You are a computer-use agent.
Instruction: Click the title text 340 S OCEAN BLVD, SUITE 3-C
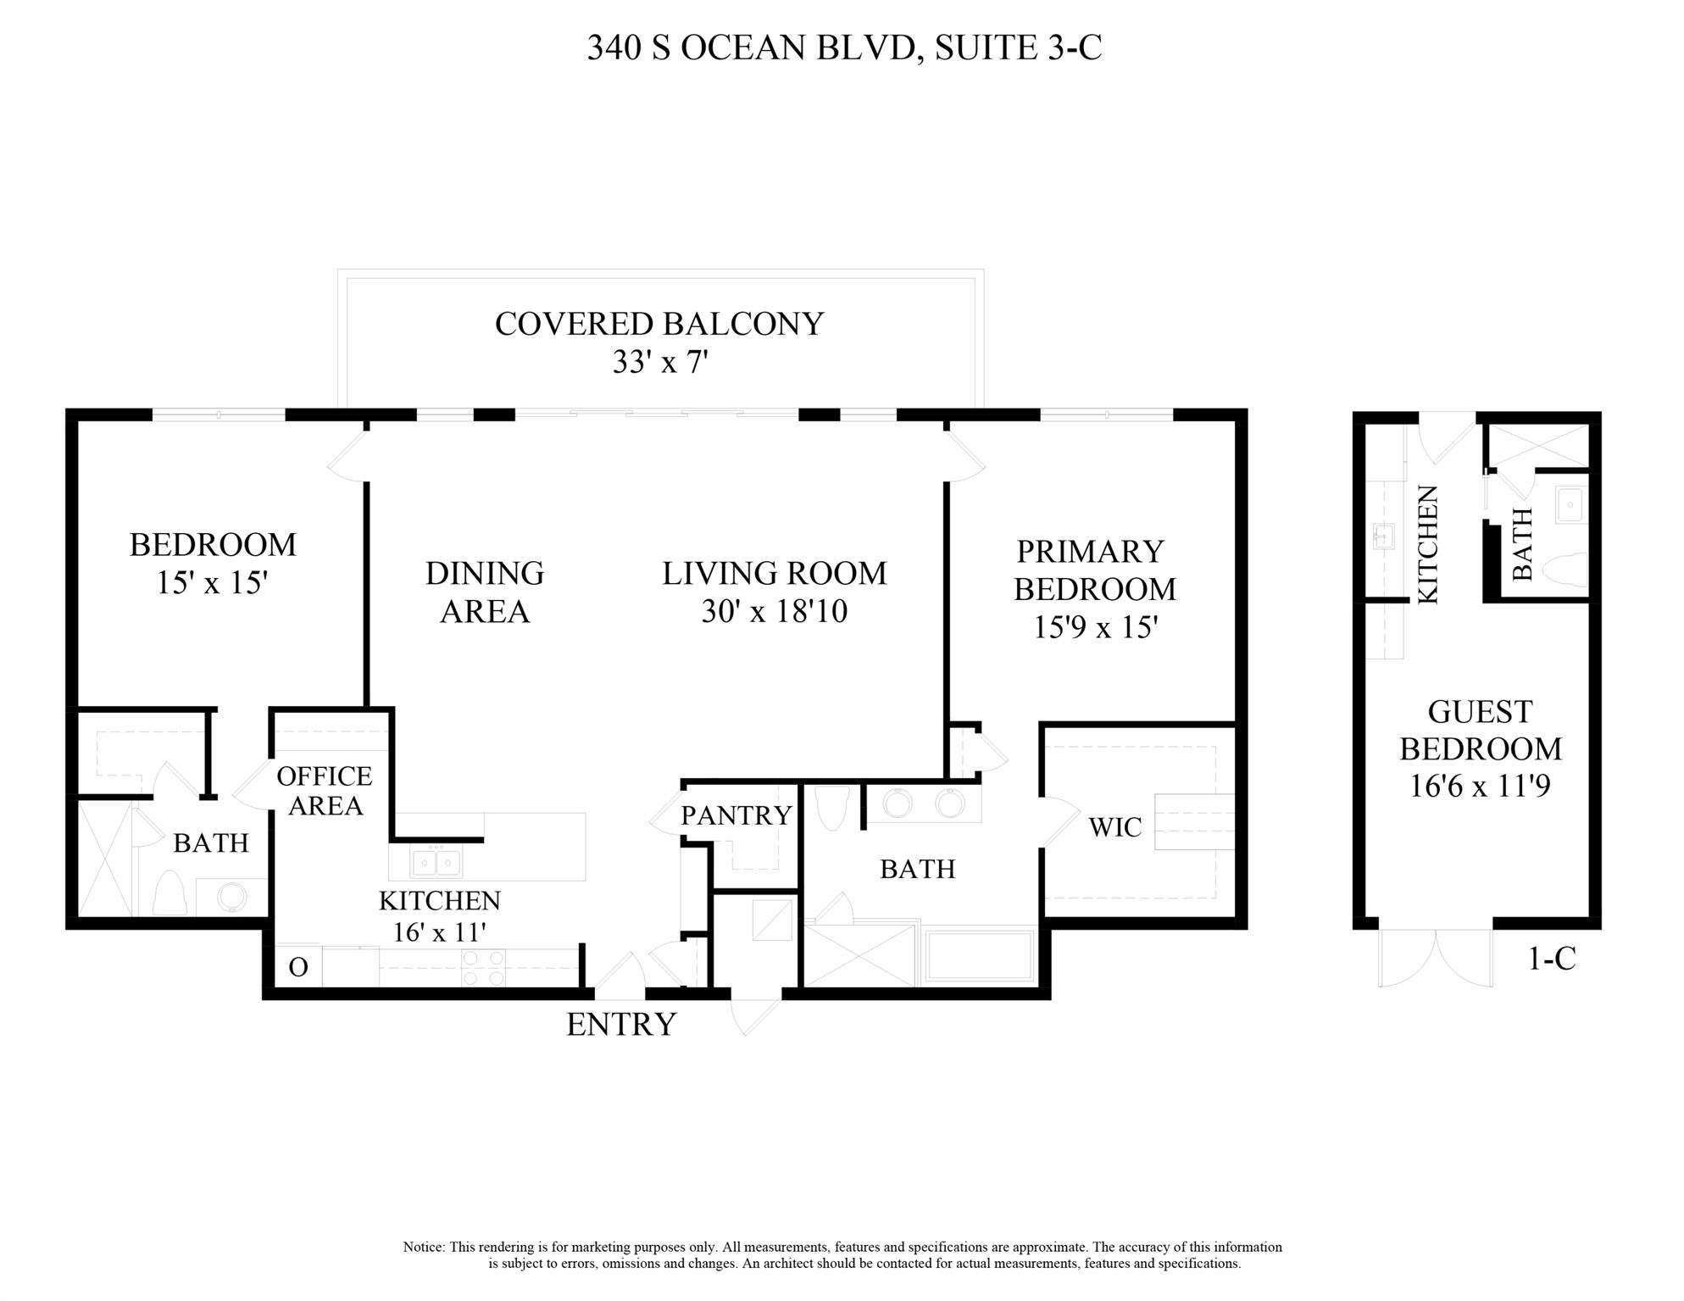(844, 47)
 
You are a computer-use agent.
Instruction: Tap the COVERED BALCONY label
(659, 324)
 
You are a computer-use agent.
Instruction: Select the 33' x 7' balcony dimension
(659, 363)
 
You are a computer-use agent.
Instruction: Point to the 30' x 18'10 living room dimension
(774, 611)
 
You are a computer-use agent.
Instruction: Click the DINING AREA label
(484, 592)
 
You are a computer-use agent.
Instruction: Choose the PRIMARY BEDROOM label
(1094, 570)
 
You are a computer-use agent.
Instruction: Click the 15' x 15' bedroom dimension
(212, 582)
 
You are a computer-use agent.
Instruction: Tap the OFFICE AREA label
(325, 790)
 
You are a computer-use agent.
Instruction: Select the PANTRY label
(736, 815)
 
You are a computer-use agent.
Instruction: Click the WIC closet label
(1114, 827)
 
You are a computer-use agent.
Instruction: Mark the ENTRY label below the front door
(621, 1024)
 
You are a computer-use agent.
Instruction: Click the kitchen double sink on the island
(436, 862)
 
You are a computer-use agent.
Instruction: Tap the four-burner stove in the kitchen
(483, 968)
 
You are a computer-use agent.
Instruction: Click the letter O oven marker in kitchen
(298, 967)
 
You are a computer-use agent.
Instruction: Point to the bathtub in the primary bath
(981, 956)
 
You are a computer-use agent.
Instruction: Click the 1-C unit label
(1551, 958)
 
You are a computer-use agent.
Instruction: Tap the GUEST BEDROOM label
(1480, 730)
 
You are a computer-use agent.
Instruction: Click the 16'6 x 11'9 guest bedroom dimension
(1480, 786)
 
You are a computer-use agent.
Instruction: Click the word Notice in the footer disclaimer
(423, 1247)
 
